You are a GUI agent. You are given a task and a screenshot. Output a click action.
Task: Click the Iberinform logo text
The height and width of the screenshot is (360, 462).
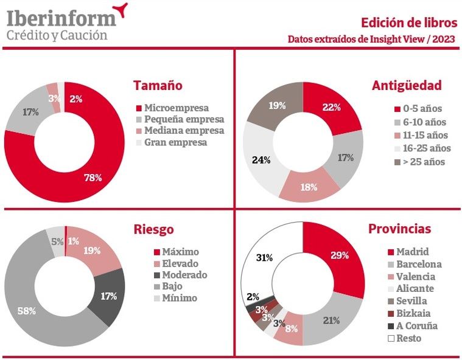(x=61, y=17)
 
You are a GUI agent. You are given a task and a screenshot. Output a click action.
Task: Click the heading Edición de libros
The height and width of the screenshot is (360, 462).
(x=408, y=23)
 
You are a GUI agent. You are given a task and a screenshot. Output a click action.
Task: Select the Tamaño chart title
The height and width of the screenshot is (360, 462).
(x=158, y=86)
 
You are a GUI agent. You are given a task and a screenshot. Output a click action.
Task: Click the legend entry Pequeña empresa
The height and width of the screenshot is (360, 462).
(x=184, y=119)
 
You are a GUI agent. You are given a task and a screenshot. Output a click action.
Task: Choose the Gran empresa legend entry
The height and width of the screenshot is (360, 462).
(x=175, y=142)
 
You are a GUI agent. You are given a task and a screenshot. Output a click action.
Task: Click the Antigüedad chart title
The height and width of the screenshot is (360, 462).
(x=407, y=86)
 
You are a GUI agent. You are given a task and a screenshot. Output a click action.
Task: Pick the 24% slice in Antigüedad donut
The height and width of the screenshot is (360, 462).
(x=262, y=159)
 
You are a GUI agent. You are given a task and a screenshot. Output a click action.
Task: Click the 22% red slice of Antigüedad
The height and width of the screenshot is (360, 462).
(x=331, y=108)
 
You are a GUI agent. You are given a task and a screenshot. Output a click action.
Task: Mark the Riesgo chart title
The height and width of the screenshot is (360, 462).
(x=153, y=229)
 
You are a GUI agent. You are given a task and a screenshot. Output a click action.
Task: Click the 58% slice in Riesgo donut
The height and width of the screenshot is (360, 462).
(x=27, y=310)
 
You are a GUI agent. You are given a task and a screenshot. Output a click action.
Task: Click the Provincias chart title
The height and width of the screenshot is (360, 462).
(x=399, y=229)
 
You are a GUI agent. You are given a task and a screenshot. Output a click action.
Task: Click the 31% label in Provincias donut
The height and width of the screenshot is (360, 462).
(x=264, y=257)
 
